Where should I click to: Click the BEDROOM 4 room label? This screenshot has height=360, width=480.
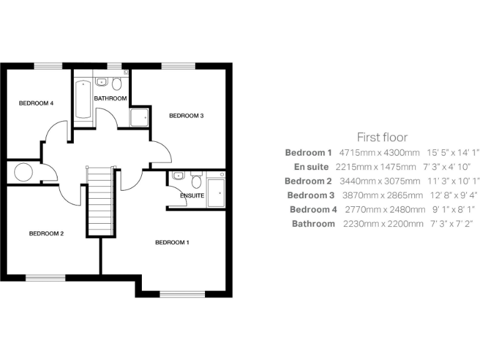[36, 103]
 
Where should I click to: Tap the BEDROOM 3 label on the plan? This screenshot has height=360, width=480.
[186, 116]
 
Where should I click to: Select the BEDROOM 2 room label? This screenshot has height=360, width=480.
[46, 234]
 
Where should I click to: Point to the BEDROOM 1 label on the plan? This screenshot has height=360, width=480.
[172, 242]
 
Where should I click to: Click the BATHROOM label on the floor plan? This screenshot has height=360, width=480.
[111, 99]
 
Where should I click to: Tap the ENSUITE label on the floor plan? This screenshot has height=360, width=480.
[192, 196]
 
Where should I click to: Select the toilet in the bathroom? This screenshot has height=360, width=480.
[117, 84]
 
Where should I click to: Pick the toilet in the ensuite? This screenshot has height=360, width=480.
[197, 181]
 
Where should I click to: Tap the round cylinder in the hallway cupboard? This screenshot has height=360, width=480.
[24, 172]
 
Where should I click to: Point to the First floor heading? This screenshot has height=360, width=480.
[382, 137]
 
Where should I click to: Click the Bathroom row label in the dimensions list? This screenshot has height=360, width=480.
[313, 224]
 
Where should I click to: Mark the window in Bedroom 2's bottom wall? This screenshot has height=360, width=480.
[45, 277]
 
